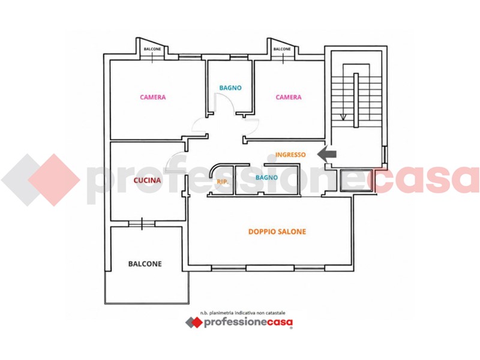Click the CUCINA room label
147,181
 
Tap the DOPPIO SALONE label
277,232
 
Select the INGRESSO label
290,155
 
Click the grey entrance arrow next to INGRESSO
326,154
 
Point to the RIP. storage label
223,182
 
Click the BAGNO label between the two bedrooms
230,88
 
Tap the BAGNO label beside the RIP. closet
266,178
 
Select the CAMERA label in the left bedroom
153,97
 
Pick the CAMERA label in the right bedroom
289,97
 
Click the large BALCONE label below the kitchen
145,264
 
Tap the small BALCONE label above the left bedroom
152,49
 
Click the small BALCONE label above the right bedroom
282,49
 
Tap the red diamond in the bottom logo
196,322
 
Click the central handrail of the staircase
356,100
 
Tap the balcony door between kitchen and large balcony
142,224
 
